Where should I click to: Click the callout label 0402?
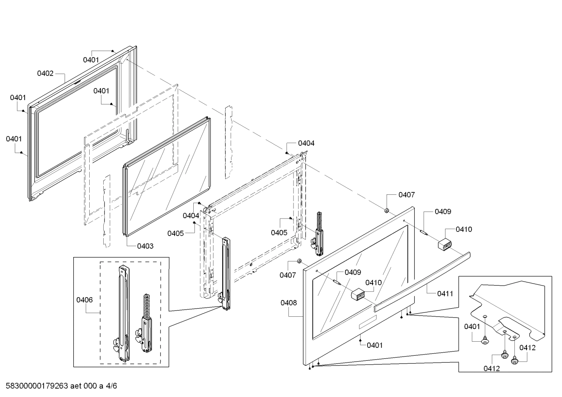45,73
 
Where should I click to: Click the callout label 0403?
145,246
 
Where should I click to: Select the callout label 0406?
84,300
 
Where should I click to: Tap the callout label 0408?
288,302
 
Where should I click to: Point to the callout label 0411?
445,293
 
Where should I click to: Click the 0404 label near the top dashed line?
306,143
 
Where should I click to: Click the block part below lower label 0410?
358,295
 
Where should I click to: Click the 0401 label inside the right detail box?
472,326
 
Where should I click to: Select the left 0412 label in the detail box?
492,368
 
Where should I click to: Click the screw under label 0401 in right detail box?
485,341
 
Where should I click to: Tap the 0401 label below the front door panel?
375,345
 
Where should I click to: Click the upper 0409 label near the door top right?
443,212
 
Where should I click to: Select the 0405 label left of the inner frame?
175,233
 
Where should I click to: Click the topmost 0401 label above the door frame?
91,60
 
